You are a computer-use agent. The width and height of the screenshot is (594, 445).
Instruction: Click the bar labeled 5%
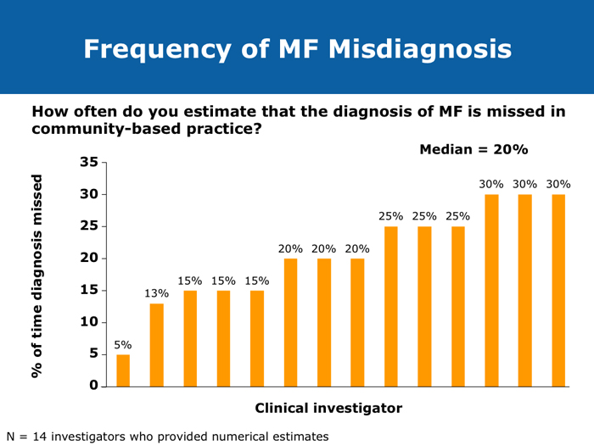pyautogui.click(x=123, y=370)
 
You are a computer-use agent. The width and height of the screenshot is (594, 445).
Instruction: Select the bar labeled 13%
pyautogui.click(x=157, y=345)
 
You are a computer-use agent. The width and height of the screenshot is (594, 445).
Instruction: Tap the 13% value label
pyautogui.click(x=157, y=293)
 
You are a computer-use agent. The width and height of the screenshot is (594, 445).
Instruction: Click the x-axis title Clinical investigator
pyautogui.click(x=328, y=409)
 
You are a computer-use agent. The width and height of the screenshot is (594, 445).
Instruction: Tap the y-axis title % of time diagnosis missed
pyautogui.click(x=36, y=276)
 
